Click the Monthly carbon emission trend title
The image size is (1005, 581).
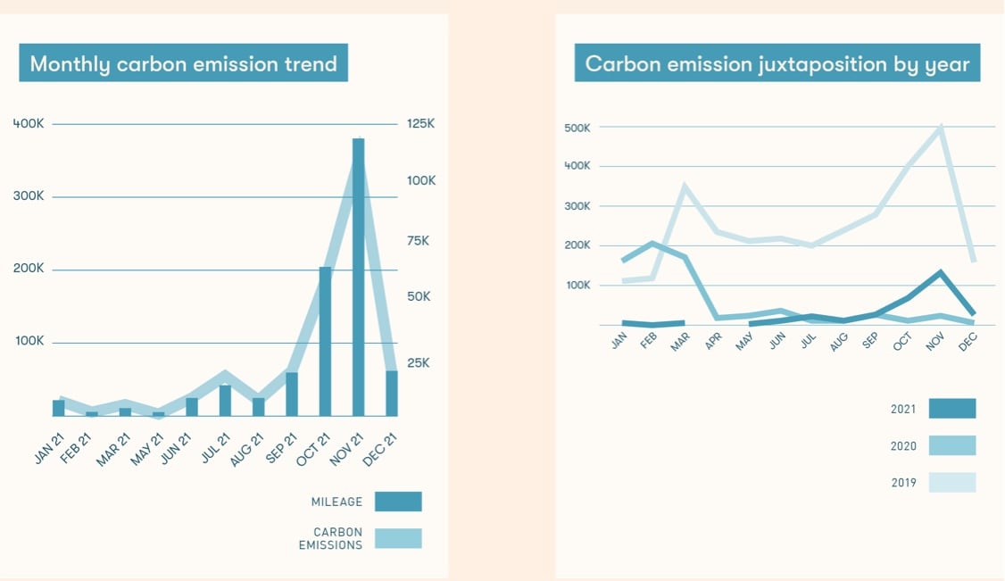pyautogui.click(x=183, y=63)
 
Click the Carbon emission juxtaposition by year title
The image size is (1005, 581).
pyautogui.click(x=777, y=63)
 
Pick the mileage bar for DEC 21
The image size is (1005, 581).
pyautogui.click(x=392, y=394)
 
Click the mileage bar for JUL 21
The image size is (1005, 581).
pyautogui.click(x=225, y=401)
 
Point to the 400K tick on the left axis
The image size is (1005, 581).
pyautogui.click(x=29, y=124)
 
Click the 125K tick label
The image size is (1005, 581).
pyautogui.click(x=421, y=124)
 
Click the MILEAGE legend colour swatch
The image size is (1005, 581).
pyautogui.click(x=398, y=502)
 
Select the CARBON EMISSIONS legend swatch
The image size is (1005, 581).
pyautogui.click(x=398, y=538)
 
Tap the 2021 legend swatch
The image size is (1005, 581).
pyautogui.click(x=951, y=409)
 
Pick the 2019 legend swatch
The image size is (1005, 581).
pyautogui.click(x=951, y=483)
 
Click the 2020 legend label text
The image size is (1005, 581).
pyautogui.click(x=903, y=446)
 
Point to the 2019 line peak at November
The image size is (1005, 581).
pyautogui.click(x=940, y=127)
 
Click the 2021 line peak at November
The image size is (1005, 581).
pyautogui.click(x=940, y=271)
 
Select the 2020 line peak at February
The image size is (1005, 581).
pyautogui.click(x=652, y=243)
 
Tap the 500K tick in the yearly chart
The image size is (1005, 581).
pyautogui.click(x=577, y=128)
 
